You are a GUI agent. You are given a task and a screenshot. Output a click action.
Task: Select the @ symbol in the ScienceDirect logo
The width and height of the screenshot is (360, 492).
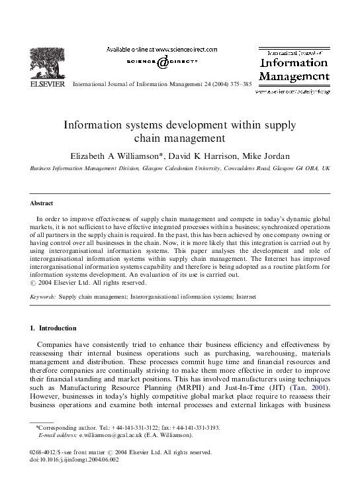point(161,62)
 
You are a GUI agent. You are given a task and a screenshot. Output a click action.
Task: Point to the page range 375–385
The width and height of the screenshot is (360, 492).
point(237,85)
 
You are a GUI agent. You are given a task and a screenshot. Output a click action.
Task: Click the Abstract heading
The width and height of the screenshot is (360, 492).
point(42,203)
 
